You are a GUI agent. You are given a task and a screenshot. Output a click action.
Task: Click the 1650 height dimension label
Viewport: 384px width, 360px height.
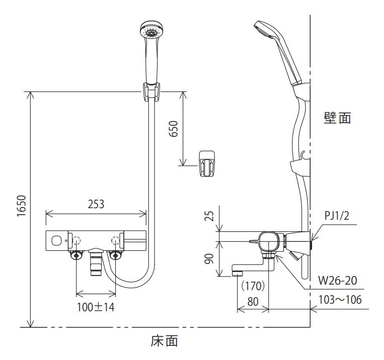22,206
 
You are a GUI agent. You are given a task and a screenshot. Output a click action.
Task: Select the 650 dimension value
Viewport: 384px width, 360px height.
174,129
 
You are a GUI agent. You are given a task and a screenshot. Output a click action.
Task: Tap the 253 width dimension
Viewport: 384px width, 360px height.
96,204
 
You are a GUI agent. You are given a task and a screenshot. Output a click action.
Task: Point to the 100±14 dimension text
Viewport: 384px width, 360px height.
96,307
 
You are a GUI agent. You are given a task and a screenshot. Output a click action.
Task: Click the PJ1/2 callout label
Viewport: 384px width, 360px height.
337,216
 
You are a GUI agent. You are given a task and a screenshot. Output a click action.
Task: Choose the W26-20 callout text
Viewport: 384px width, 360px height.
338,280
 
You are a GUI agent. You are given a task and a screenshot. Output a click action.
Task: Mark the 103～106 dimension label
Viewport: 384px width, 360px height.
340,300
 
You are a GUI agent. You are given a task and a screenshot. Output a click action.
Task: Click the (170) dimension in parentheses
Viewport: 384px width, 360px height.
253,286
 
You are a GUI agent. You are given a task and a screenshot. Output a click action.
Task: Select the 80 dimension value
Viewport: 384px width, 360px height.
253,302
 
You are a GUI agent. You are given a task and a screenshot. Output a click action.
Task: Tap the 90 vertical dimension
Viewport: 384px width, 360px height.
209,258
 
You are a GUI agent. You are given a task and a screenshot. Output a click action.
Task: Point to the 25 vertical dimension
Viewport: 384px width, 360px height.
209,216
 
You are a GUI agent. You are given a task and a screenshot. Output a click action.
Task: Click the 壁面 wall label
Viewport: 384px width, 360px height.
338,118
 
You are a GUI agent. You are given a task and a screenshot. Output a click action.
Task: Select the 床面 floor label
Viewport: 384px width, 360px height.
165,341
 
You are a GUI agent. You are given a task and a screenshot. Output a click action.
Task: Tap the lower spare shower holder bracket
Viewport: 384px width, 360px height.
207,163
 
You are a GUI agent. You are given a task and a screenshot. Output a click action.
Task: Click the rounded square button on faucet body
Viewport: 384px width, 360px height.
56,241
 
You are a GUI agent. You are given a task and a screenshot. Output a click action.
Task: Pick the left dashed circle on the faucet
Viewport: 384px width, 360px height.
76,241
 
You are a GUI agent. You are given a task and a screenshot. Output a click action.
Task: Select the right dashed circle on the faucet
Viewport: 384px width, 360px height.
115,241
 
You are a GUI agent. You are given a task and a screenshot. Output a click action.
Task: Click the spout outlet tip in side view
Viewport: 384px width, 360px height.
237,273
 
